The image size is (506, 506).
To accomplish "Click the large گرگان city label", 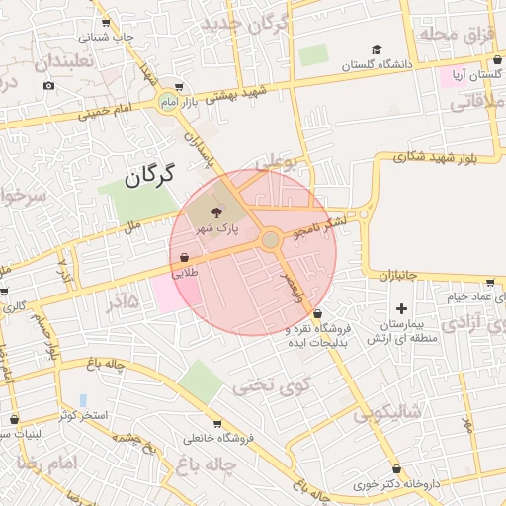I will pos(149,176).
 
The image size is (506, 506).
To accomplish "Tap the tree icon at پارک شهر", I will pos(218,209).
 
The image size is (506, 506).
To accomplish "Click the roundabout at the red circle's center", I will pos(271,240).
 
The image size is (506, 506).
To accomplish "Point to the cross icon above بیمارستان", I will pos(401,310).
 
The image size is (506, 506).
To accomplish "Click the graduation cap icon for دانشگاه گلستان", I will pos(376,49).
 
